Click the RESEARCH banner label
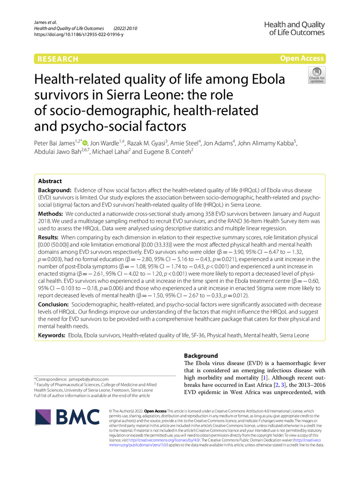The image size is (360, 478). [x=56, y=59]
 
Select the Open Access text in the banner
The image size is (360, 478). [x=302, y=59]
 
